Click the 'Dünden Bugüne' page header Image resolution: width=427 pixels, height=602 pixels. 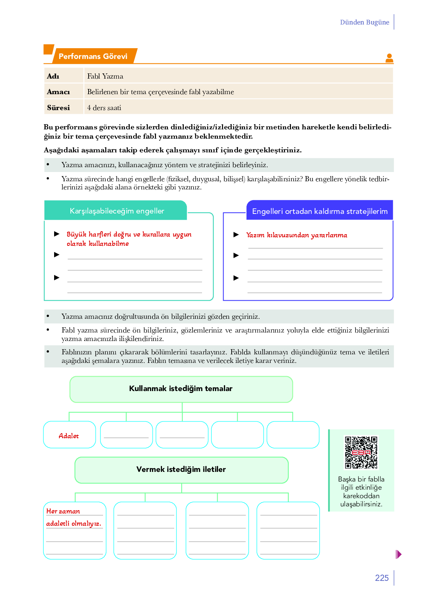pyautogui.click(x=364, y=22)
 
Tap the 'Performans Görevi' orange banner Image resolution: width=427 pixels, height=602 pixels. pyautogui.click(x=93, y=56)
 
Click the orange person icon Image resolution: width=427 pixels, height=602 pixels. pyautogui.click(x=389, y=58)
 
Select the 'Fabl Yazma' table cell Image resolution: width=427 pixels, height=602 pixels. pyautogui.click(x=105, y=76)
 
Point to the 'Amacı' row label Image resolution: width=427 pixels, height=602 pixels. pyautogui.click(x=59, y=92)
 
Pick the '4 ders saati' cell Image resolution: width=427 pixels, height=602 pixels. pyautogui.click(x=104, y=108)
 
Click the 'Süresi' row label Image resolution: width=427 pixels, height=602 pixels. pyautogui.click(x=59, y=108)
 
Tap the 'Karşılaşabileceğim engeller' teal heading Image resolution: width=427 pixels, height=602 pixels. pyautogui.click(x=117, y=211)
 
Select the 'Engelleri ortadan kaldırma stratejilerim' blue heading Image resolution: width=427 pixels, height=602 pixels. pyautogui.click(x=320, y=211)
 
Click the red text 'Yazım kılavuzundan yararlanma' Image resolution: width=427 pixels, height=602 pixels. pyautogui.click(x=297, y=235)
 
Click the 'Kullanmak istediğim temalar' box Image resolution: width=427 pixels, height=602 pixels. pyautogui.click(x=181, y=389)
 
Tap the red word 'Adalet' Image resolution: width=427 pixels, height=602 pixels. pyautogui.click(x=69, y=436)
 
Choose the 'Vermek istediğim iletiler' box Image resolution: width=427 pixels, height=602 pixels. pyautogui.click(x=181, y=470)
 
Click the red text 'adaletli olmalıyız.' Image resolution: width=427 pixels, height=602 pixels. pyautogui.click(x=74, y=523)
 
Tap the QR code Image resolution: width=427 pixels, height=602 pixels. pyautogui.click(x=361, y=452)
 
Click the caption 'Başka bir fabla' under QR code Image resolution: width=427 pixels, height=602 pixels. pyautogui.click(x=361, y=479)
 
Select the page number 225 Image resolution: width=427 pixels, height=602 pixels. pyautogui.click(x=382, y=578)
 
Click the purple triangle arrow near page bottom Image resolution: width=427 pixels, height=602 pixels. pyautogui.click(x=398, y=555)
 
